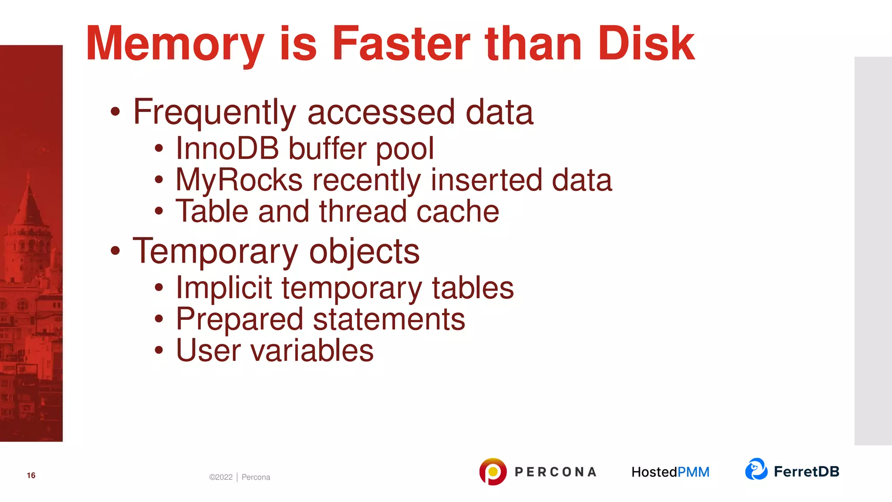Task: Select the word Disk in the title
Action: point(646,44)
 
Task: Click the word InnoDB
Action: point(227,149)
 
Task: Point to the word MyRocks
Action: point(239,180)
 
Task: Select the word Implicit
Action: point(224,288)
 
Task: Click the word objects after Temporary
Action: point(364,251)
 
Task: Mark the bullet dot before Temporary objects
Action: point(115,251)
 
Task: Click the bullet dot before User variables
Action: point(159,350)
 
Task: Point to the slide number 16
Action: point(31,475)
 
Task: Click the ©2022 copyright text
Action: point(221,477)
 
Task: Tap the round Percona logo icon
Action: point(493,471)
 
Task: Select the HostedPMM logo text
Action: point(670,472)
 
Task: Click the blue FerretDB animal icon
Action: point(756,469)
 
